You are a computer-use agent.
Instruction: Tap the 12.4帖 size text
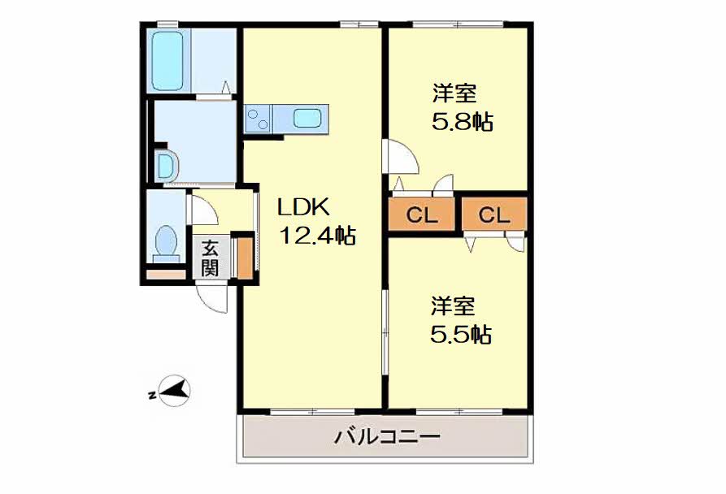click(x=317, y=236)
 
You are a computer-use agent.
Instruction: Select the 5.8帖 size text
click(x=462, y=122)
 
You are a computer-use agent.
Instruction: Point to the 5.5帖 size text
click(x=460, y=334)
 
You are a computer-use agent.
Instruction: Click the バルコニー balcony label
click(x=388, y=437)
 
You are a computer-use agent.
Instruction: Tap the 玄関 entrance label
click(x=210, y=257)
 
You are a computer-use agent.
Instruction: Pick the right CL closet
click(x=493, y=215)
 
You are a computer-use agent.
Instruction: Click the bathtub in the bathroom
click(x=169, y=61)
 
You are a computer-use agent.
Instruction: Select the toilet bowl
click(x=167, y=242)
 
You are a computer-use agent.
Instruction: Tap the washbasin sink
click(x=164, y=166)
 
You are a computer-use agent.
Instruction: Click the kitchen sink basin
click(x=307, y=119)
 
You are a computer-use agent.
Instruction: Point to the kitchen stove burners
click(x=259, y=119)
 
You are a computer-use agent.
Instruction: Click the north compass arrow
click(x=173, y=392)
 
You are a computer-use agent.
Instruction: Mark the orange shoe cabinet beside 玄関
click(x=242, y=256)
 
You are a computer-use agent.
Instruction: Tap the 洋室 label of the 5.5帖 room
click(x=453, y=306)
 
